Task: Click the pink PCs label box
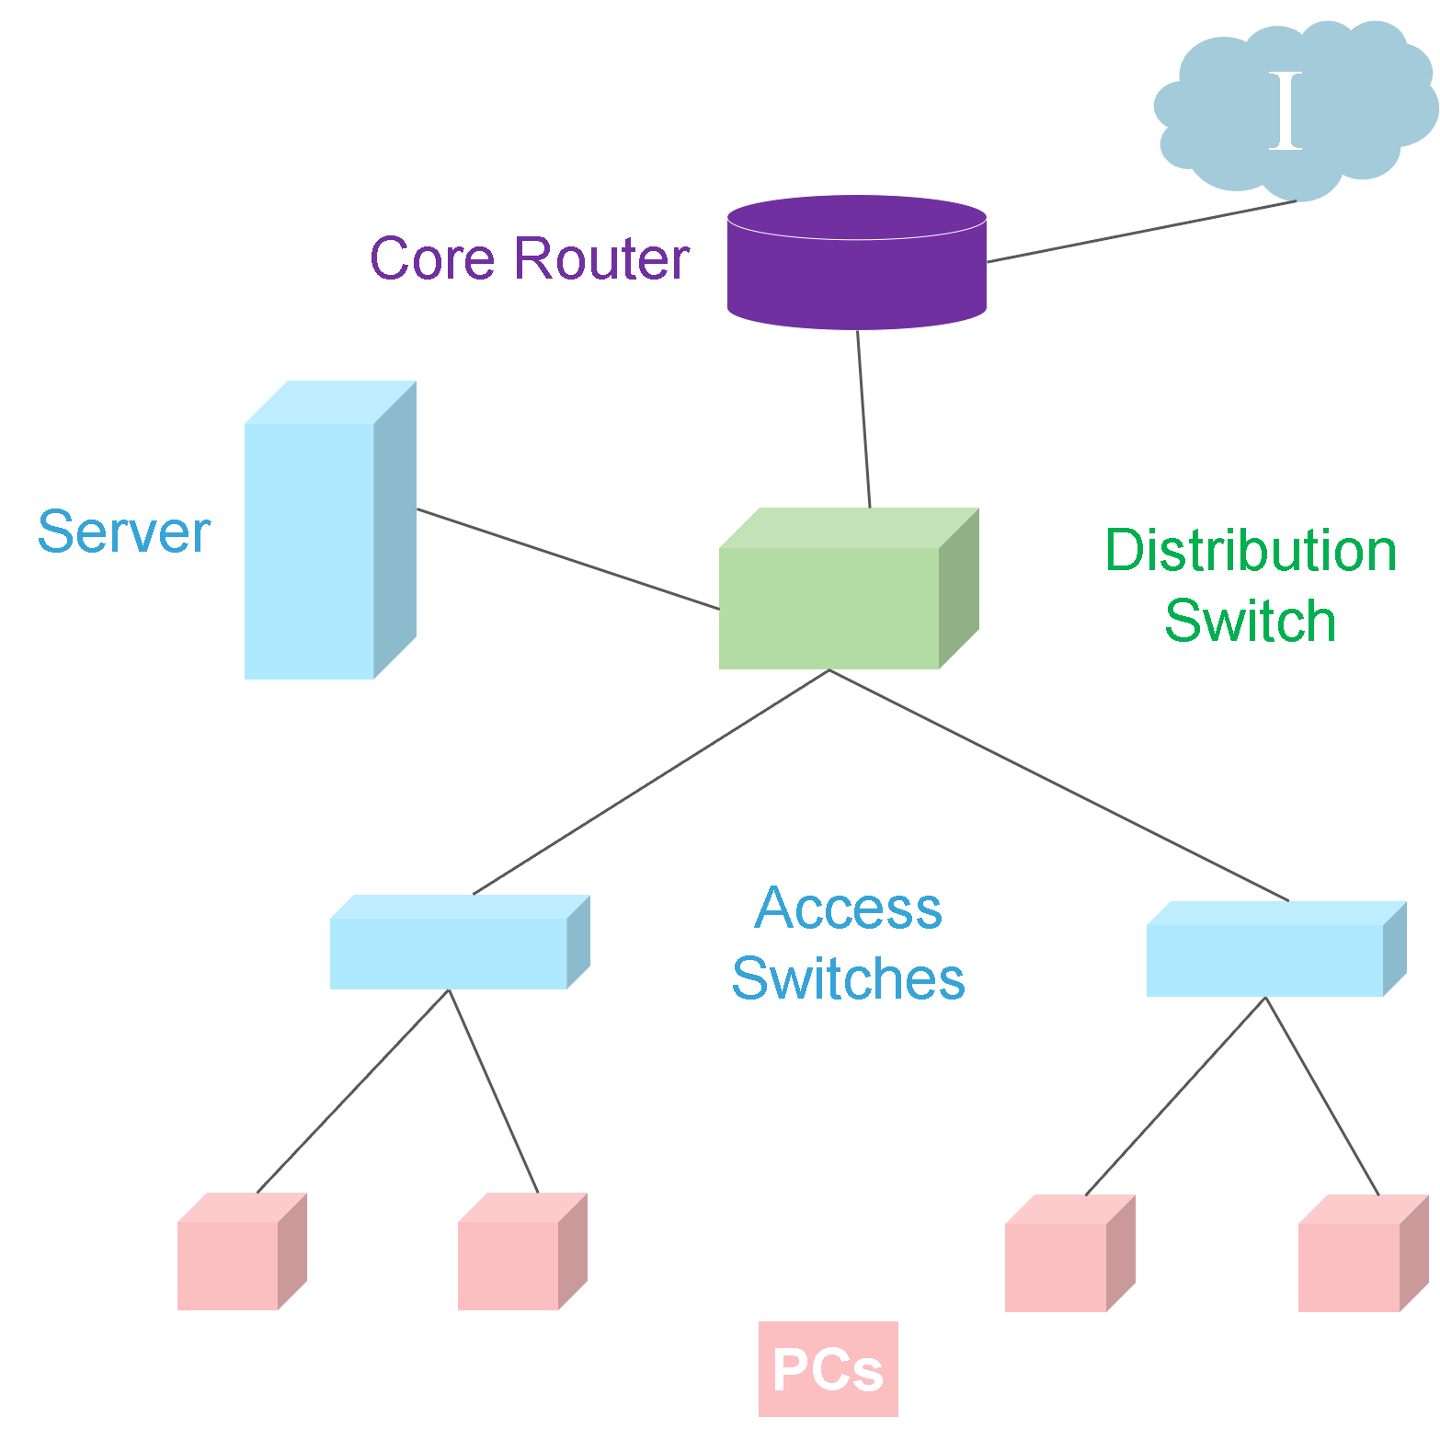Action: tap(828, 1369)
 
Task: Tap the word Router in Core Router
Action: tap(601, 259)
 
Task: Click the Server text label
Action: tap(124, 532)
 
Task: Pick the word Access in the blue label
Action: tap(848, 909)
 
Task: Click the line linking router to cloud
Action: tap(1140, 232)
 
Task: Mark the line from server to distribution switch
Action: tap(567, 559)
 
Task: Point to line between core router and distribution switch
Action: tap(863, 418)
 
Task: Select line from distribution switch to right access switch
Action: tap(1057, 784)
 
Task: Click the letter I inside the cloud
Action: tap(1286, 111)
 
